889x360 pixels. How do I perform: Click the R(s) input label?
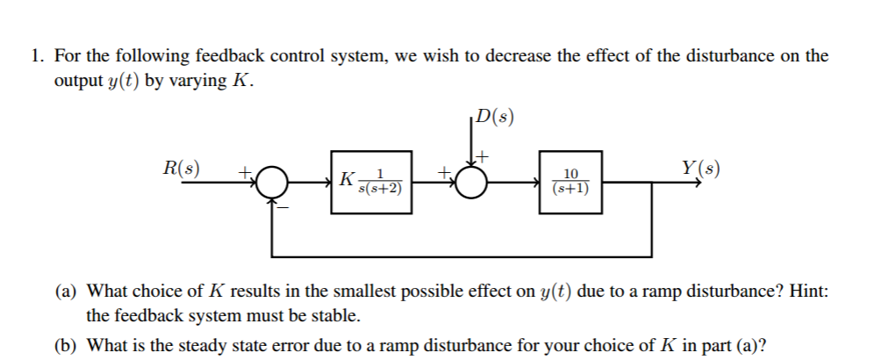click(181, 167)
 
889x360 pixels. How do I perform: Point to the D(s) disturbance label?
click(492, 117)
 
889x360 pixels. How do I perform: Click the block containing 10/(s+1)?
click(570, 182)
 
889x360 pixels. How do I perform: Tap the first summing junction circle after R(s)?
click(273, 183)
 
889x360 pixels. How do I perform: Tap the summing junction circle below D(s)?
click(471, 183)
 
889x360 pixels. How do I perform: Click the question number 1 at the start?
click(36, 56)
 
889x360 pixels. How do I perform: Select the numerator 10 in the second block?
click(570, 174)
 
